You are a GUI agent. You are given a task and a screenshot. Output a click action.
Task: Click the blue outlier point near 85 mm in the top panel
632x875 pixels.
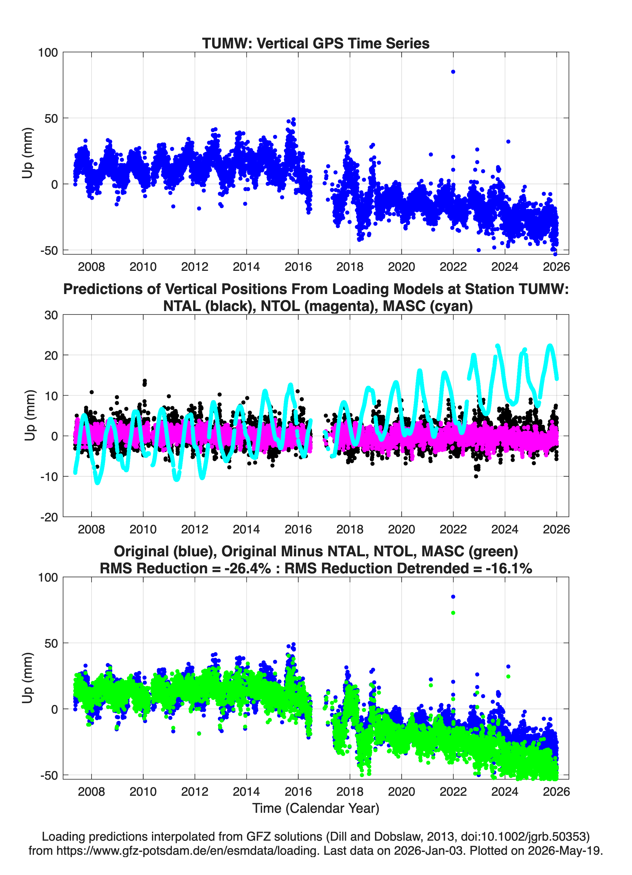coord(453,72)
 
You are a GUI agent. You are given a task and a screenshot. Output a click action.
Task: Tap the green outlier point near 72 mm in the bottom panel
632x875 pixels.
coord(453,613)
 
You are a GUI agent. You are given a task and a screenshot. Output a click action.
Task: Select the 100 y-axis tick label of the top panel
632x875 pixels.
coord(48,53)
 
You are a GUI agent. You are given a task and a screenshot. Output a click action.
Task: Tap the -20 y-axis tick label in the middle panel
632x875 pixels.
coord(49,517)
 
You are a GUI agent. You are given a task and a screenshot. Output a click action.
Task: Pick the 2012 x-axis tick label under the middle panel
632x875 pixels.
coord(195,529)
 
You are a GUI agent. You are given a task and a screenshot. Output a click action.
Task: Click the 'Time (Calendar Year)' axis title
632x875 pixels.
coord(316,808)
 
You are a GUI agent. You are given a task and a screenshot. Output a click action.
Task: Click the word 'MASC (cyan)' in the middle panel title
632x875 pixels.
coord(427,306)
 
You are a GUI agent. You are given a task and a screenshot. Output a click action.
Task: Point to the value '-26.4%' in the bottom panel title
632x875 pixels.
coord(247,568)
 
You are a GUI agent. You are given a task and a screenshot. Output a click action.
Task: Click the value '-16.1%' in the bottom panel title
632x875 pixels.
coord(509,568)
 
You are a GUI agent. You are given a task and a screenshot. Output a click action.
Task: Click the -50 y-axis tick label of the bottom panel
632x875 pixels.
coord(49,776)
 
